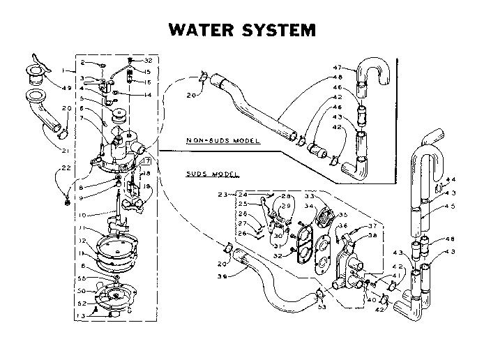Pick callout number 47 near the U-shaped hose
[x=337, y=68]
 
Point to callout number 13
[x=83, y=315]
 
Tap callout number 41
[x=398, y=276]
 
